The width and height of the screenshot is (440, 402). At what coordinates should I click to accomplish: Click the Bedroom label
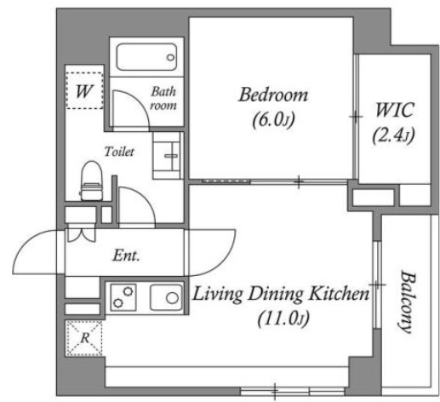point(273,95)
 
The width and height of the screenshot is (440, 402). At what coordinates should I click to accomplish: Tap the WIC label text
point(394,110)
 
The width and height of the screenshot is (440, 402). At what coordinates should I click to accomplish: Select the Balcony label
point(407,301)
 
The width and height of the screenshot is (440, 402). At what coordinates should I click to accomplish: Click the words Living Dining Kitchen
point(281,294)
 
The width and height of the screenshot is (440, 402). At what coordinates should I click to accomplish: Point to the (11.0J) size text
point(283,319)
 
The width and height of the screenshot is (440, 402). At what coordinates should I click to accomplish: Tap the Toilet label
point(119,152)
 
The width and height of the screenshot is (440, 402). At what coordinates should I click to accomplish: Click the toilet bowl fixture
point(91,181)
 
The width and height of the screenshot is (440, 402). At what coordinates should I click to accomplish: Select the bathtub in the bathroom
point(146,57)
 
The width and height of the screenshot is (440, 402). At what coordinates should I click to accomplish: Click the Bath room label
point(163,98)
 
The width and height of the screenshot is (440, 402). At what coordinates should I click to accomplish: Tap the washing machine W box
point(84,90)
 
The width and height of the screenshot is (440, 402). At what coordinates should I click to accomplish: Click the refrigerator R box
point(84,338)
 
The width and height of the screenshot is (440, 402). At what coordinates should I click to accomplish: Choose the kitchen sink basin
point(166,297)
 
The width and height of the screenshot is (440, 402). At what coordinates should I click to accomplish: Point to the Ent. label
point(126,256)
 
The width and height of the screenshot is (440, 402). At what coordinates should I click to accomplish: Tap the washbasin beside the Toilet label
point(167,156)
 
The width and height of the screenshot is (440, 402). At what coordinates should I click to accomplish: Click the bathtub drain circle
point(170,58)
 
